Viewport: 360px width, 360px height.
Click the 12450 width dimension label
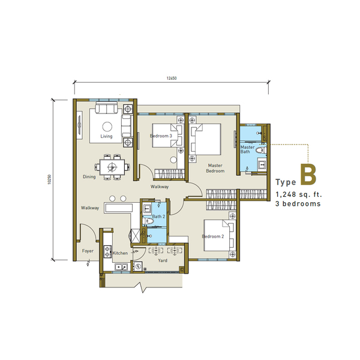pyautogui.click(x=172, y=78)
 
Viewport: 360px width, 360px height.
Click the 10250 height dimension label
pyautogui.click(x=49, y=179)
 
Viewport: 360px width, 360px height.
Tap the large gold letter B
pyautogui.click(x=308, y=174)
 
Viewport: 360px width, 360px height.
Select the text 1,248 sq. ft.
pyautogui.click(x=299, y=194)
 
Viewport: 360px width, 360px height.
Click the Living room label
pyautogui.click(x=106, y=136)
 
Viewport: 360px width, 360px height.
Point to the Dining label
pyautogui.click(x=89, y=176)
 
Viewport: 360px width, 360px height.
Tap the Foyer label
pyautogui.click(x=88, y=251)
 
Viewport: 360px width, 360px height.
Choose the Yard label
pyautogui.click(x=163, y=260)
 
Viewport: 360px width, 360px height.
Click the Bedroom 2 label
pyautogui.click(x=213, y=236)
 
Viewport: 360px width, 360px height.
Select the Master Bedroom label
pyautogui.click(x=215, y=168)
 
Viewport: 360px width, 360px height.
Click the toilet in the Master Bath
pyautogui.click(x=261, y=151)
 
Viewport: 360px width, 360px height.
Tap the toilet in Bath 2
pyautogui.click(x=148, y=221)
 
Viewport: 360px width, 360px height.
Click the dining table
pyautogui.click(x=112, y=167)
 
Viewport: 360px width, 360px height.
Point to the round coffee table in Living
pyautogui.click(x=107, y=127)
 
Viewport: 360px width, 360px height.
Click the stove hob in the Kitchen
pyautogui.click(x=107, y=251)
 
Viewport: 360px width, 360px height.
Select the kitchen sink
pyautogui.click(x=121, y=267)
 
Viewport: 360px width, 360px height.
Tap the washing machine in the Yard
pyautogui.click(x=138, y=266)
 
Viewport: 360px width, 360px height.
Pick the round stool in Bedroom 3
pyautogui.click(x=173, y=160)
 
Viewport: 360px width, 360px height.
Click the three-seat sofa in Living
pyautogui.click(x=107, y=108)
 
